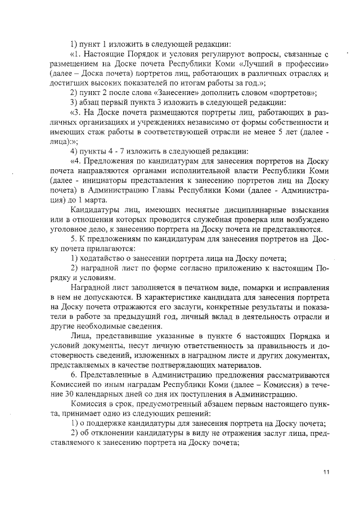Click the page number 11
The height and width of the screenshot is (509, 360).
point(326,472)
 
